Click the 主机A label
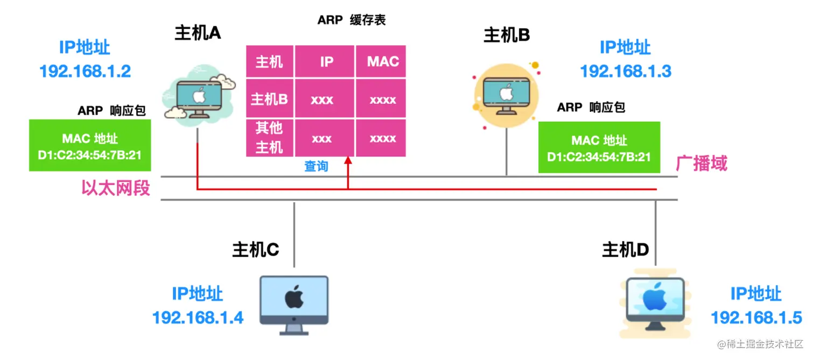click(198, 33)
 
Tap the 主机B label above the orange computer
click(507, 35)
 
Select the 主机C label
click(256, 250)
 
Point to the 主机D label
click(626, 250)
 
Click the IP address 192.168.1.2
click(85, 71)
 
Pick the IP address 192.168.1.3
click(626, 71)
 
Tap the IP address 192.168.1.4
click(198, 318)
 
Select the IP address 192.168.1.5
click(756, 318)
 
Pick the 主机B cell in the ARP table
click(270, 98)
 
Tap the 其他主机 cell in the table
click(270, 138)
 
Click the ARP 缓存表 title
click(352, 20)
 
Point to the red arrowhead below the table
click(348, 160)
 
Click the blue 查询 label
click(316, 166)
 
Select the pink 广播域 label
click(701, 163)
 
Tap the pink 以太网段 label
click(116, 188)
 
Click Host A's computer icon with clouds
click(199, 95)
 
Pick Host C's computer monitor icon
click(294, 305)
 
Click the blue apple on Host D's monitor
click(655, 298)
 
